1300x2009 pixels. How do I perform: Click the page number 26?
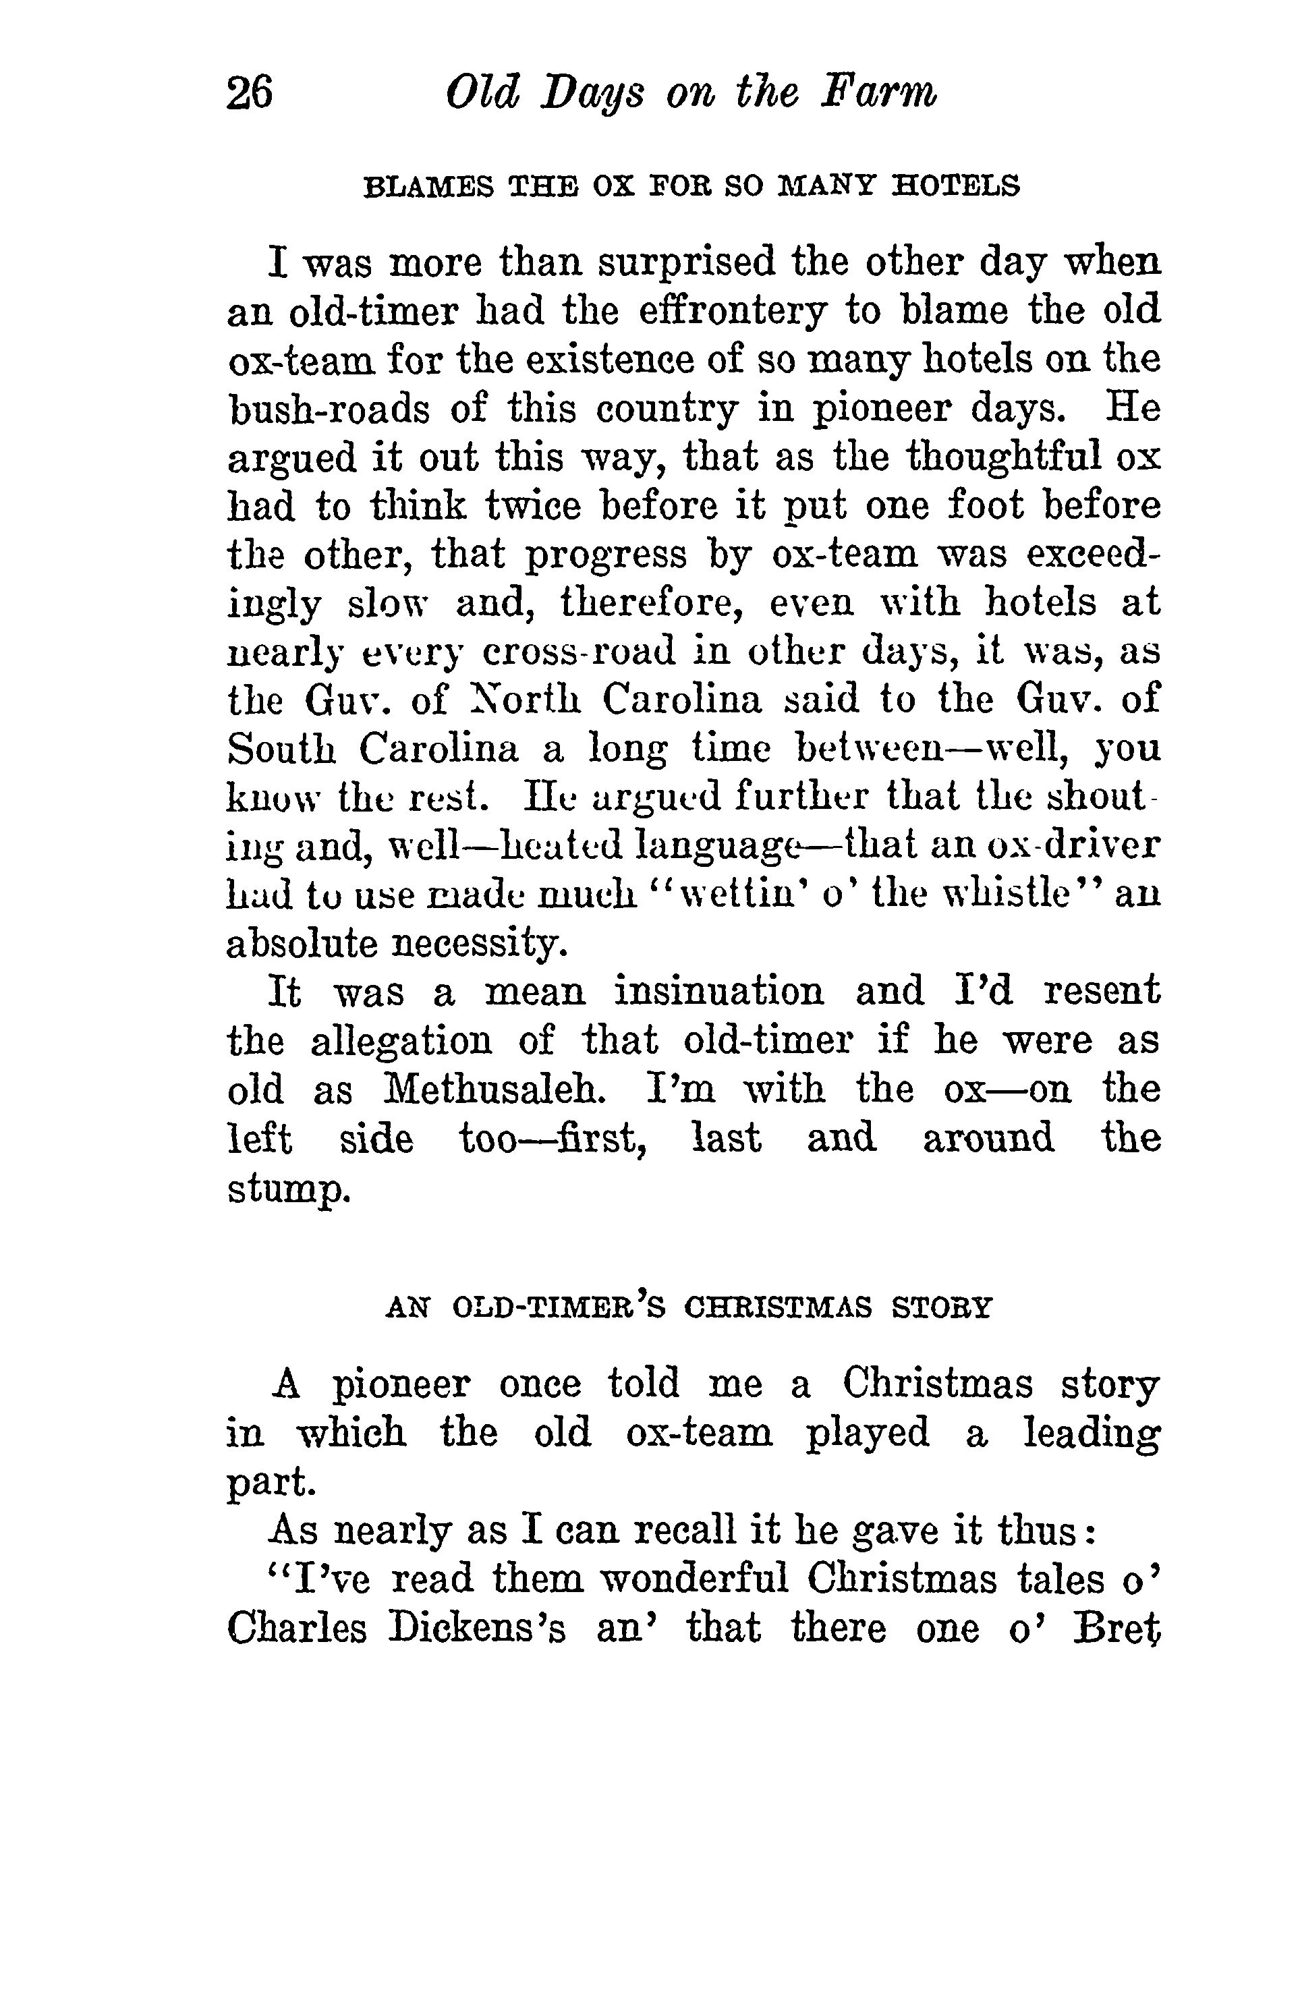pos(250,93)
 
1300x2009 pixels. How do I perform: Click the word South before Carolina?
pos(283,749)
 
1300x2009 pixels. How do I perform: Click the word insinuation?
pos(718,992)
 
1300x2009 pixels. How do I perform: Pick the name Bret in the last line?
pos(1116,1629)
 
